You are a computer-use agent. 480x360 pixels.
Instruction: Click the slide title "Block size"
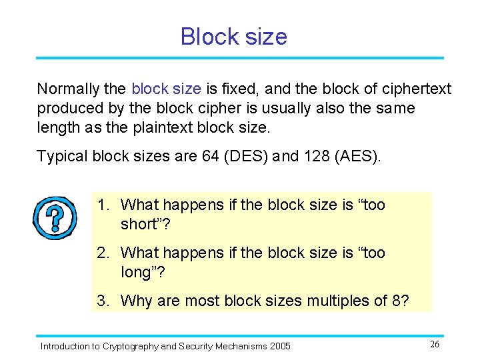[233, 36]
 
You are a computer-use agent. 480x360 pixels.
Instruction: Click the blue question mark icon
[55, 217]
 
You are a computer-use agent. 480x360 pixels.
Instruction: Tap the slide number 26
[434, 344]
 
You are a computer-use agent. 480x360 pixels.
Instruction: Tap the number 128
[315, 156]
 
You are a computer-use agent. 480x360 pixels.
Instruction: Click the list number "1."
[104, 205]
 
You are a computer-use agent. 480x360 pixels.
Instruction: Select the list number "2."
[104, 253]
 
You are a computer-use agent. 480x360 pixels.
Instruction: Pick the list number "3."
[104, 301]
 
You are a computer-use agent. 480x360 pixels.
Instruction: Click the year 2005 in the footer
[279, 346]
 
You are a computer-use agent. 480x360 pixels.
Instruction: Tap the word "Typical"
[62, 156]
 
